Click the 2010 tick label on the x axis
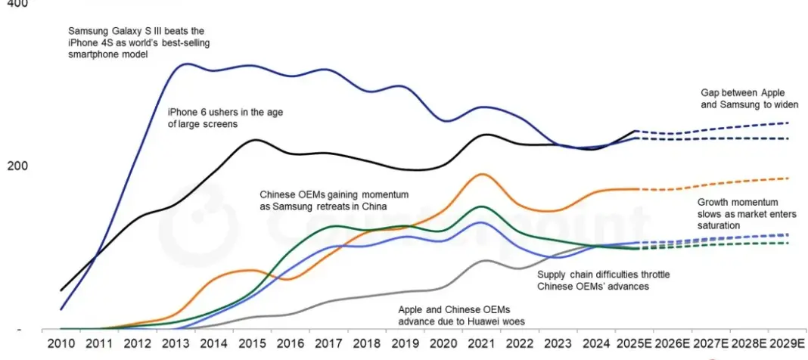point(61,343)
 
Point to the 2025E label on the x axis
point(634,343)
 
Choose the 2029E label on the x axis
point(787,343)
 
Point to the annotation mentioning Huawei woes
point(461,315)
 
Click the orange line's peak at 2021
point(481,174)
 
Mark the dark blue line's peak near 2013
point(185,64)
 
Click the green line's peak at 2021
point(480,206)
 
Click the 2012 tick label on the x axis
point(137,343)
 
